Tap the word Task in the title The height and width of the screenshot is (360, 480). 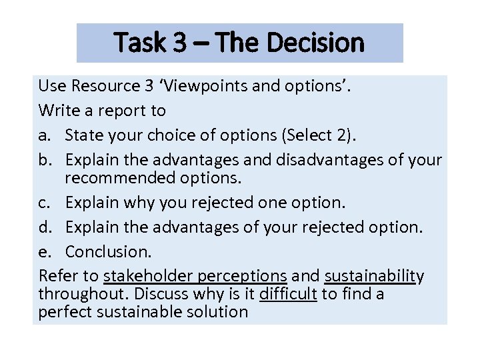pos(141,43)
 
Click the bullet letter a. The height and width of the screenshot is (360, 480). pos(43,135)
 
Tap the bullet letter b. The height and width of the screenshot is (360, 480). pos(44,160)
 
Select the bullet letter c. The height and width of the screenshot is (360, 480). pos(43,203)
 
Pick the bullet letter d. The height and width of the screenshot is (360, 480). pos(44,227)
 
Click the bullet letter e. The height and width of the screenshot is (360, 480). pos(43,252)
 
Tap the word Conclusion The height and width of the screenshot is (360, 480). pos(109,252)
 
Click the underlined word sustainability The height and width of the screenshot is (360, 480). pos(374,276)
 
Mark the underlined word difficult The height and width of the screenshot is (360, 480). pos(288,294)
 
